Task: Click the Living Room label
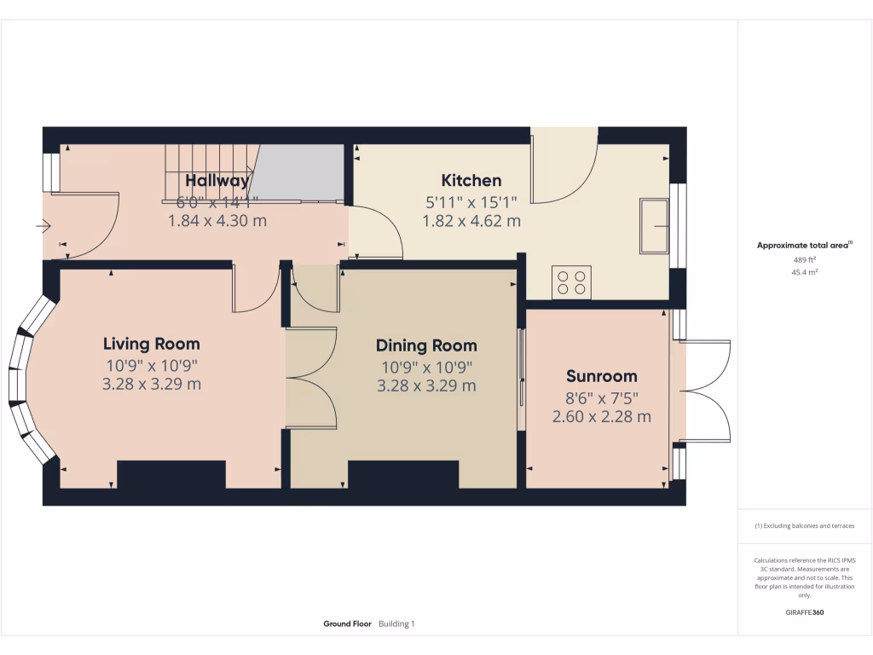click(152, 345)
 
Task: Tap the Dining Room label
click(426, 345)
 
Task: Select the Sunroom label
click(602, 376)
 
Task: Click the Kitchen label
click(471, 181)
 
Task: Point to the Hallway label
click(217, 181)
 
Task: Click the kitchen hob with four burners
click(572, 282)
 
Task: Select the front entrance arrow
click(44, 226)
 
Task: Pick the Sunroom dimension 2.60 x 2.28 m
click(602, 417)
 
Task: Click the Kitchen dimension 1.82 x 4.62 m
click(471, 221)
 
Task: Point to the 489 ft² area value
click(805, 260)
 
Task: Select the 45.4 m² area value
click(805, 273)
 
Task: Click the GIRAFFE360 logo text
click(805, 612)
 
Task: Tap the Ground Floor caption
click(347, 624)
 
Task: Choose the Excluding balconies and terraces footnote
click(805, 526)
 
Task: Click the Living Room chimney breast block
click(171, 474)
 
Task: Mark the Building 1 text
click(396, 624)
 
